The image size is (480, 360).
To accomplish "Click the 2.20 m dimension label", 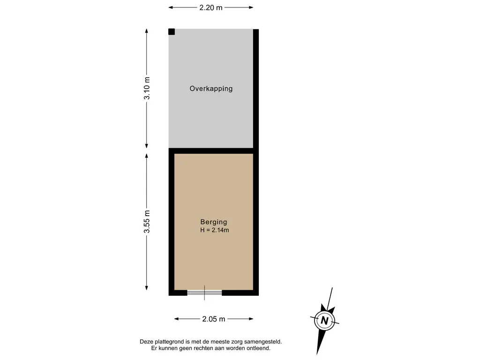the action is click(211, 7).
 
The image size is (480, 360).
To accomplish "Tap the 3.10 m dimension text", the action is click(147, 88).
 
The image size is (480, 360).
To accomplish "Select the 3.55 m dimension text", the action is click(147, 222).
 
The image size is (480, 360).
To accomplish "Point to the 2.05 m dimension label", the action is click(214, 319).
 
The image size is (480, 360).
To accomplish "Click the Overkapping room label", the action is click(211, 89).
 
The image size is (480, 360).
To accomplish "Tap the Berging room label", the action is click(214, 222).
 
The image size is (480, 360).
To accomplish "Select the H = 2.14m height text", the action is click(214, 230).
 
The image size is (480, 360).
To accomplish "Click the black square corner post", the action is click(172, 31).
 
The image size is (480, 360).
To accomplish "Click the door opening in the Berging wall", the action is click(204, 292).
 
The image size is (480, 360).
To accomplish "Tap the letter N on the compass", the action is click(324, 321).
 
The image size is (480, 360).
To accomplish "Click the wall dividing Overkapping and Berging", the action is click(211, 151).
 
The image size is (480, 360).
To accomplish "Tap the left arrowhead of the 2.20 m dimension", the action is click(171, 7).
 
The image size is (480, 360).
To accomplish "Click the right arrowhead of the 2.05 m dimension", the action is click(251, 319).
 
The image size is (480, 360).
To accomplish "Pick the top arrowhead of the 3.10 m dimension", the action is click(147, 31).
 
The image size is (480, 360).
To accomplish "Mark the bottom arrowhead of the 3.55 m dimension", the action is click(147, 288).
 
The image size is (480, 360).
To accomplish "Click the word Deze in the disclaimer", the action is click(146, 342).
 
